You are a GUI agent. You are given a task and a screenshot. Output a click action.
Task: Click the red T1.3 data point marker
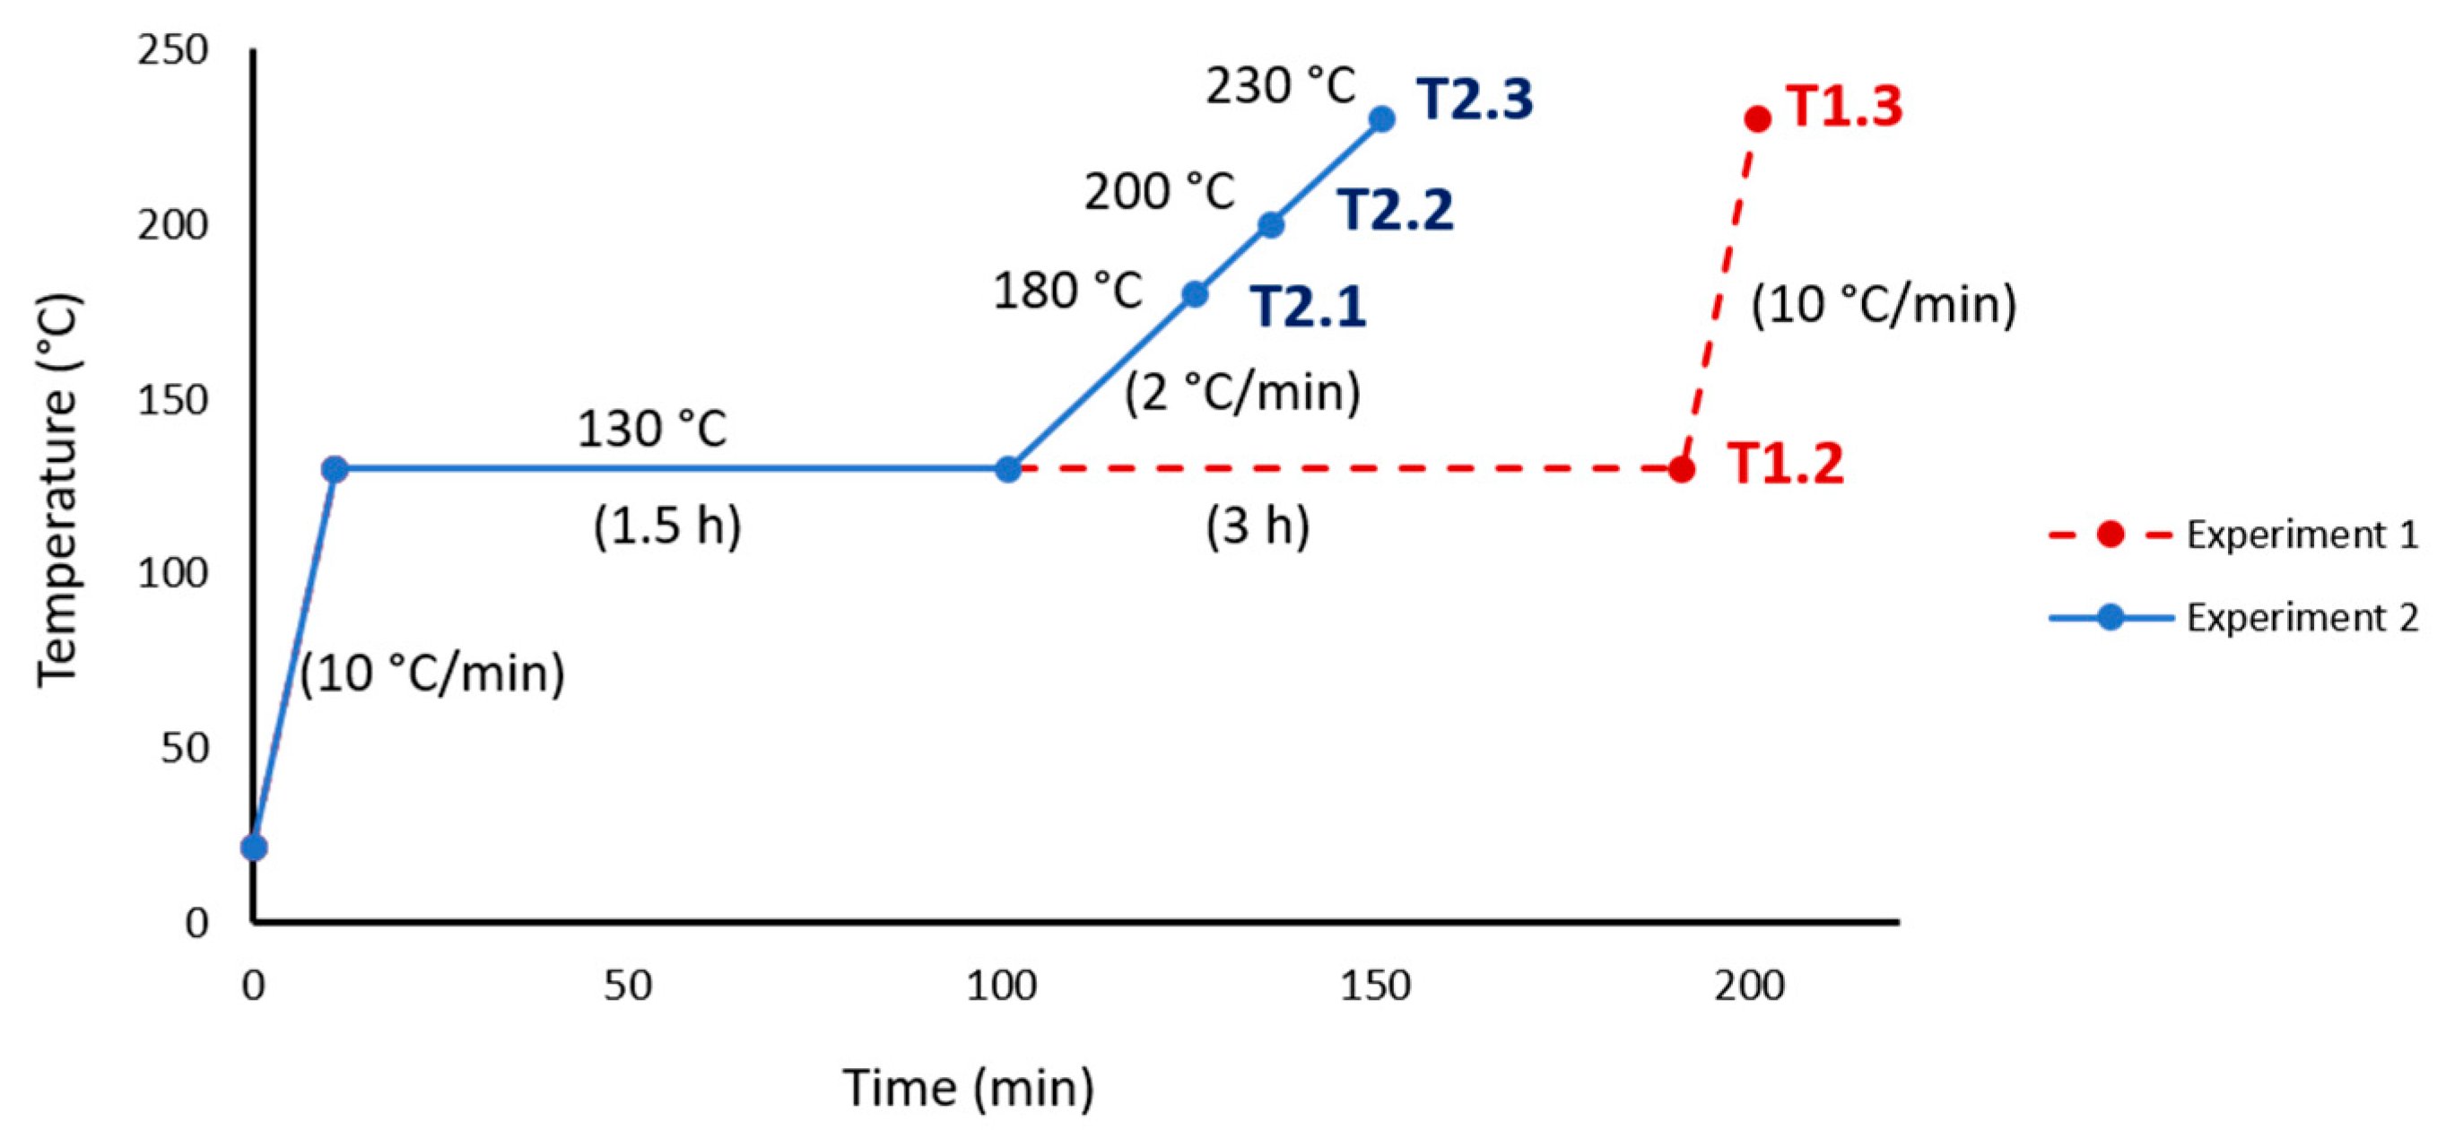1757,119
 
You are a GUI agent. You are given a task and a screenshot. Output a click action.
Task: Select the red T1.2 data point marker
1680,468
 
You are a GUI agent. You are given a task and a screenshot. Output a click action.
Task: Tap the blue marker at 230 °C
1381,119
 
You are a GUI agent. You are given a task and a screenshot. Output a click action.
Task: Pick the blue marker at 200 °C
1271,225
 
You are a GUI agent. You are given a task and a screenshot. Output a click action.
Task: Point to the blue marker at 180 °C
1195,294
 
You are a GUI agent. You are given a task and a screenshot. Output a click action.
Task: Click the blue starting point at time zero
254,847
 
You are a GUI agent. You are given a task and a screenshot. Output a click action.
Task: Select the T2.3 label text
1474,100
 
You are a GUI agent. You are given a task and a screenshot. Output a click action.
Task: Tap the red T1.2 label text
1785,465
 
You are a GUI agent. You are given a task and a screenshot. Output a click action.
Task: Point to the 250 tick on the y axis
172,50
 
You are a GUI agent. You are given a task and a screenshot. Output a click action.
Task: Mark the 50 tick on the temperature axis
184,748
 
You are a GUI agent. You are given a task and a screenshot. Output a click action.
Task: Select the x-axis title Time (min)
968,1088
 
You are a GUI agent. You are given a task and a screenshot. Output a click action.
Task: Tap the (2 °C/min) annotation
1242,392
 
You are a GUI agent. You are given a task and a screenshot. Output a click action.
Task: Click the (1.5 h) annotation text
667,526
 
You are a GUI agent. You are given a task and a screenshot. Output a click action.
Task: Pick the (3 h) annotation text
1258,526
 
